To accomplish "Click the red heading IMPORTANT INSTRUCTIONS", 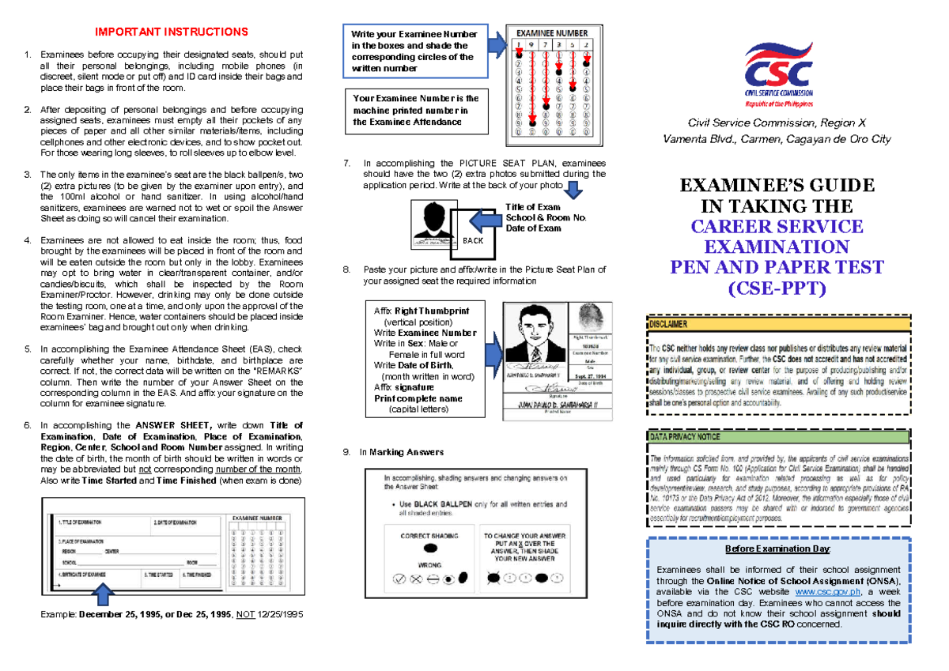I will coord(172,32).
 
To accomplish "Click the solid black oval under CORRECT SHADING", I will coord(431,548).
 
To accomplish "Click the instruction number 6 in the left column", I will coord(28,425).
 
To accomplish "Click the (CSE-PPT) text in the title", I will coord(776,288).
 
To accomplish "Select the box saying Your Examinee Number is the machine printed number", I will coord(416,110).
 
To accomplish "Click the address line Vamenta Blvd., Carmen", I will coord(777,139).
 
